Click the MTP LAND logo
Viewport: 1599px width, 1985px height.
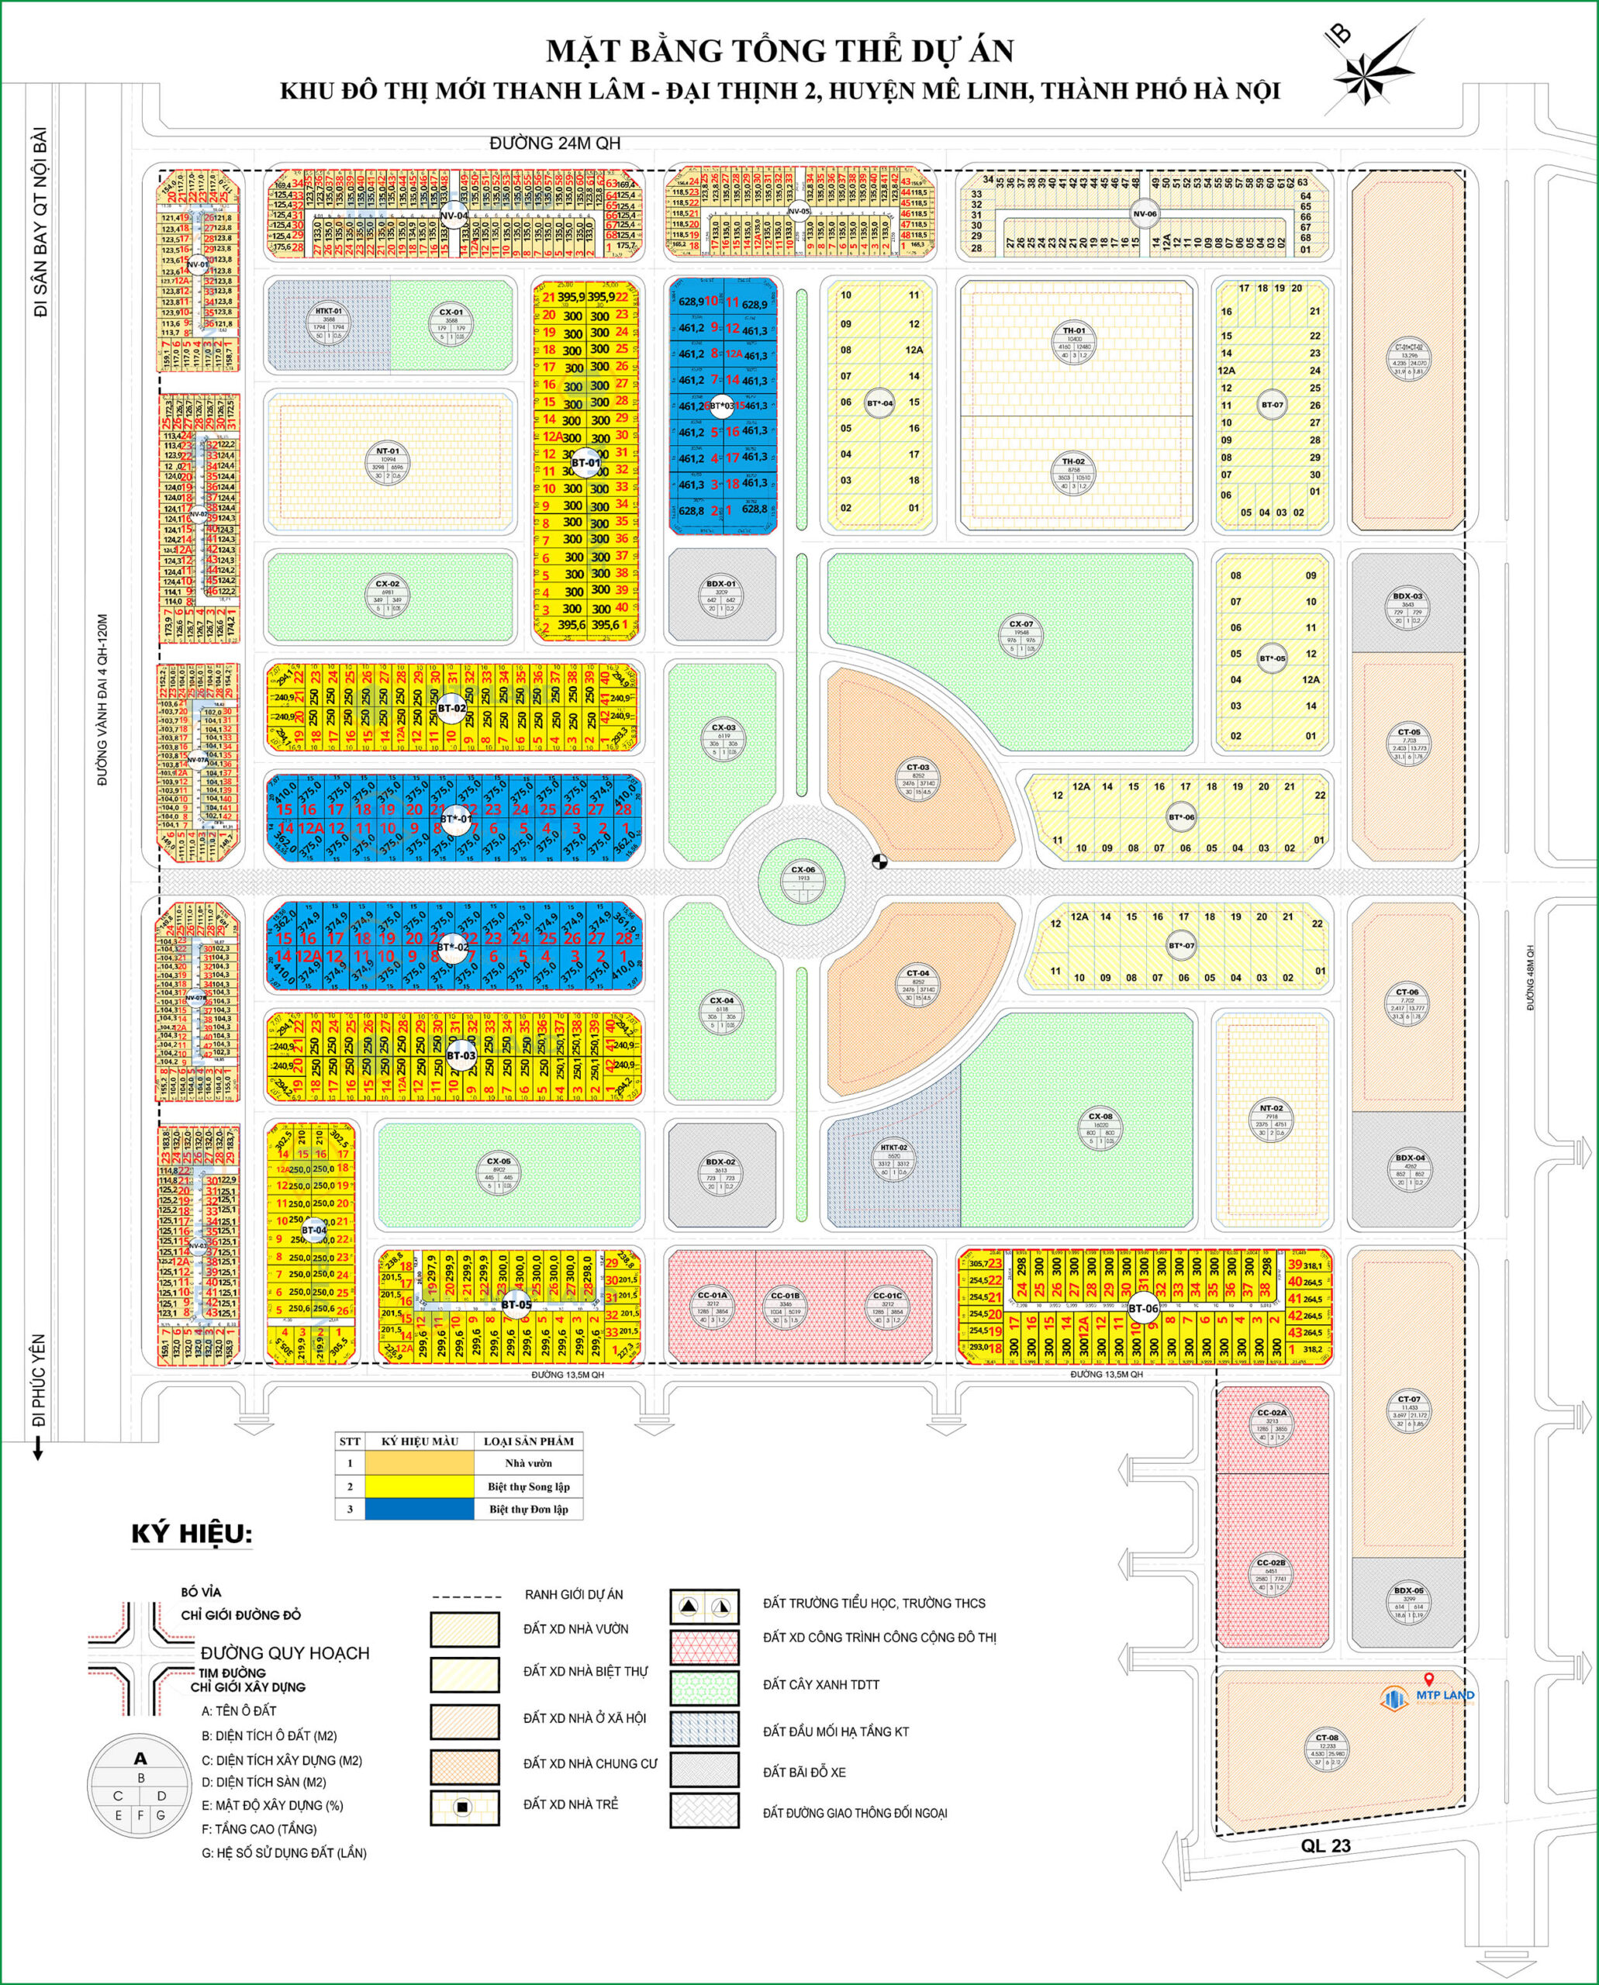point(1433,1696)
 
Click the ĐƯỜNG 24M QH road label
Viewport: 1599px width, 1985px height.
point(555,143)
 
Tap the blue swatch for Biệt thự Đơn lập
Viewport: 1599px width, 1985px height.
point(419,1509)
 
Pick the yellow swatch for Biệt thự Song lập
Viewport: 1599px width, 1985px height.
point(419,1486)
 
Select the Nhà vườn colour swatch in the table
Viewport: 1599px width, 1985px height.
point(419,1462)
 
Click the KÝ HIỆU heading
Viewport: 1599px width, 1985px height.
point(192,1534)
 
